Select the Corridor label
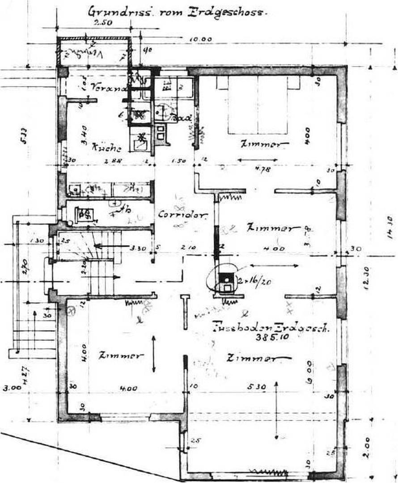(183, 215)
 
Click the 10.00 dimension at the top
(200, 39)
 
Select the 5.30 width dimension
(258, 387)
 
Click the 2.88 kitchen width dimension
(108, 161)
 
